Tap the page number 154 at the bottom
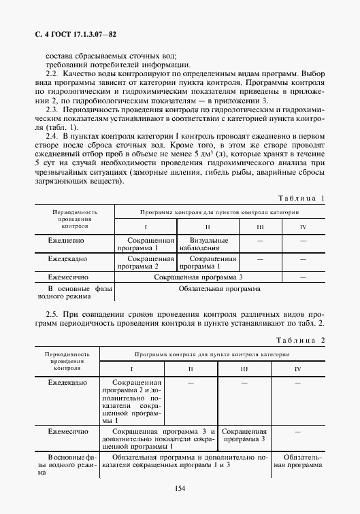[x=180, y=487]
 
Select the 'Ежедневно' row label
[x=65, y=241]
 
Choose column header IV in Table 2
[x=297, y=369]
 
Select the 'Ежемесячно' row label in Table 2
[x=67, y=431]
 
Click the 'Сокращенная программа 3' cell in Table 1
[x=197, y=277]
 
